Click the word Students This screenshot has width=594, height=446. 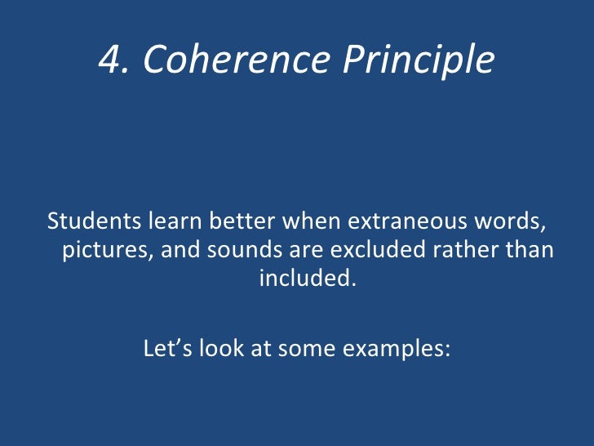click(94, 221)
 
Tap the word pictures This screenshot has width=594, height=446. click(108, 250)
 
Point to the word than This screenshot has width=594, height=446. click(530, 250)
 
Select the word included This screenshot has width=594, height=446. click(307, 279)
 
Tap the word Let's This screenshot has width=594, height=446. click(166, 349)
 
